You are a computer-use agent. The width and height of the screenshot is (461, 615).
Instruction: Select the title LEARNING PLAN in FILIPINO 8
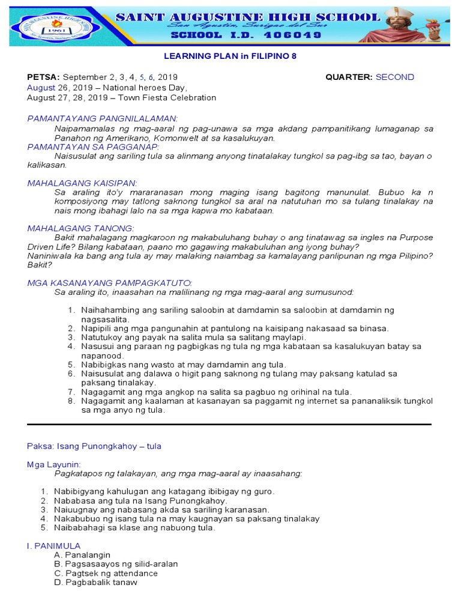230,56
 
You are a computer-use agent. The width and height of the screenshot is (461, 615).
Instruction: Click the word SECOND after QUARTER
394,77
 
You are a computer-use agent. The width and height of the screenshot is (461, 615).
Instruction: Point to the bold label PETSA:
44,77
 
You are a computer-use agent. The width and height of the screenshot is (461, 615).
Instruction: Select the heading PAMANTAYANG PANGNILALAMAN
103,118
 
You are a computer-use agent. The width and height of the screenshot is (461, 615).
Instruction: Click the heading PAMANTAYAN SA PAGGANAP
93,147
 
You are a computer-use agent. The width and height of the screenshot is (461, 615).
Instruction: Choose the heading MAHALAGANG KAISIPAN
83,183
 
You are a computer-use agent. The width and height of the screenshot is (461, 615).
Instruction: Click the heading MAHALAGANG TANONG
81,228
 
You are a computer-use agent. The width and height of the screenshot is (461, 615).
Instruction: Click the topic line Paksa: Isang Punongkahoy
94,446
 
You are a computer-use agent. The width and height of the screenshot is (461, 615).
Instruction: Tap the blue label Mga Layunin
54,464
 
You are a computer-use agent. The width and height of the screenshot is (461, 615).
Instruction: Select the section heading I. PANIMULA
54,545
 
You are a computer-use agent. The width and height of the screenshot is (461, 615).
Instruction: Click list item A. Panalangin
82,555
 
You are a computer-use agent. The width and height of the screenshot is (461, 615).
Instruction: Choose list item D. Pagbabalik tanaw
95,582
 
